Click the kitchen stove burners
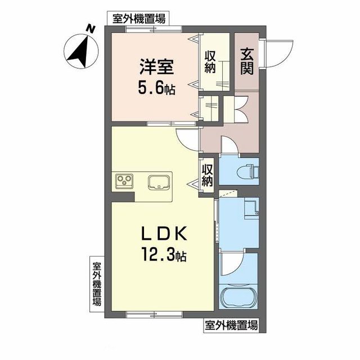click(x=124, y=181)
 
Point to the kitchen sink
click(x=159, y=182)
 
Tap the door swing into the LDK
click(x=186, y=138)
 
